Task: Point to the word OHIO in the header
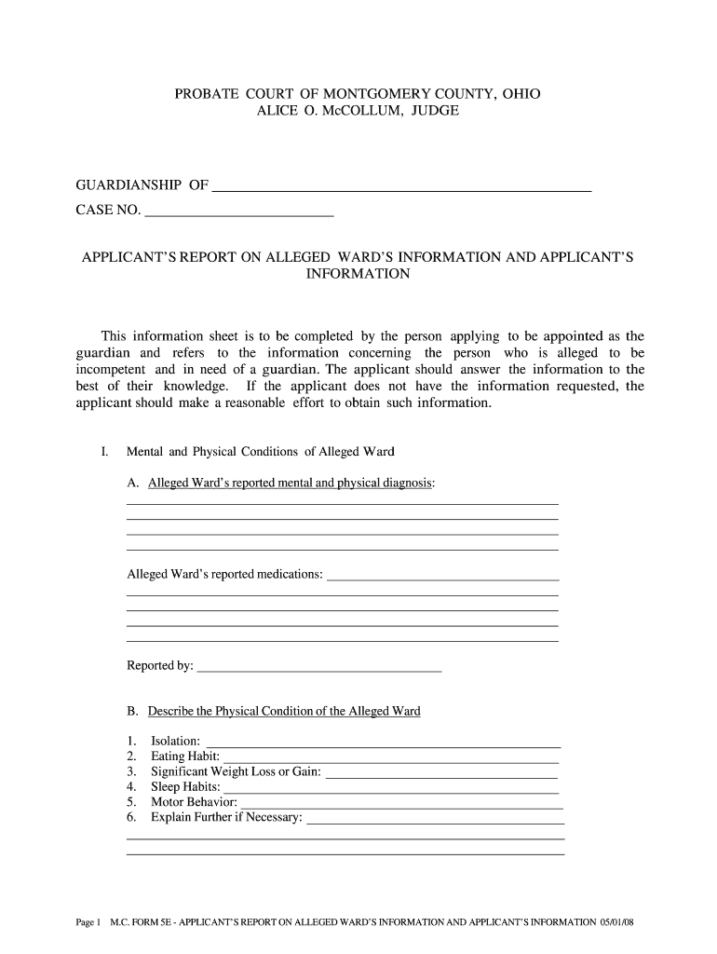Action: (x=521, y=94)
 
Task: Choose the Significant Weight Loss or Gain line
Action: (x=442, y=771)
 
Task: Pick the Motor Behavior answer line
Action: (x=401, y=802)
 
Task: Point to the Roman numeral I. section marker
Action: (x=105, y=452)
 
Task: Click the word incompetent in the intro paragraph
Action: (x=110, y=370)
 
